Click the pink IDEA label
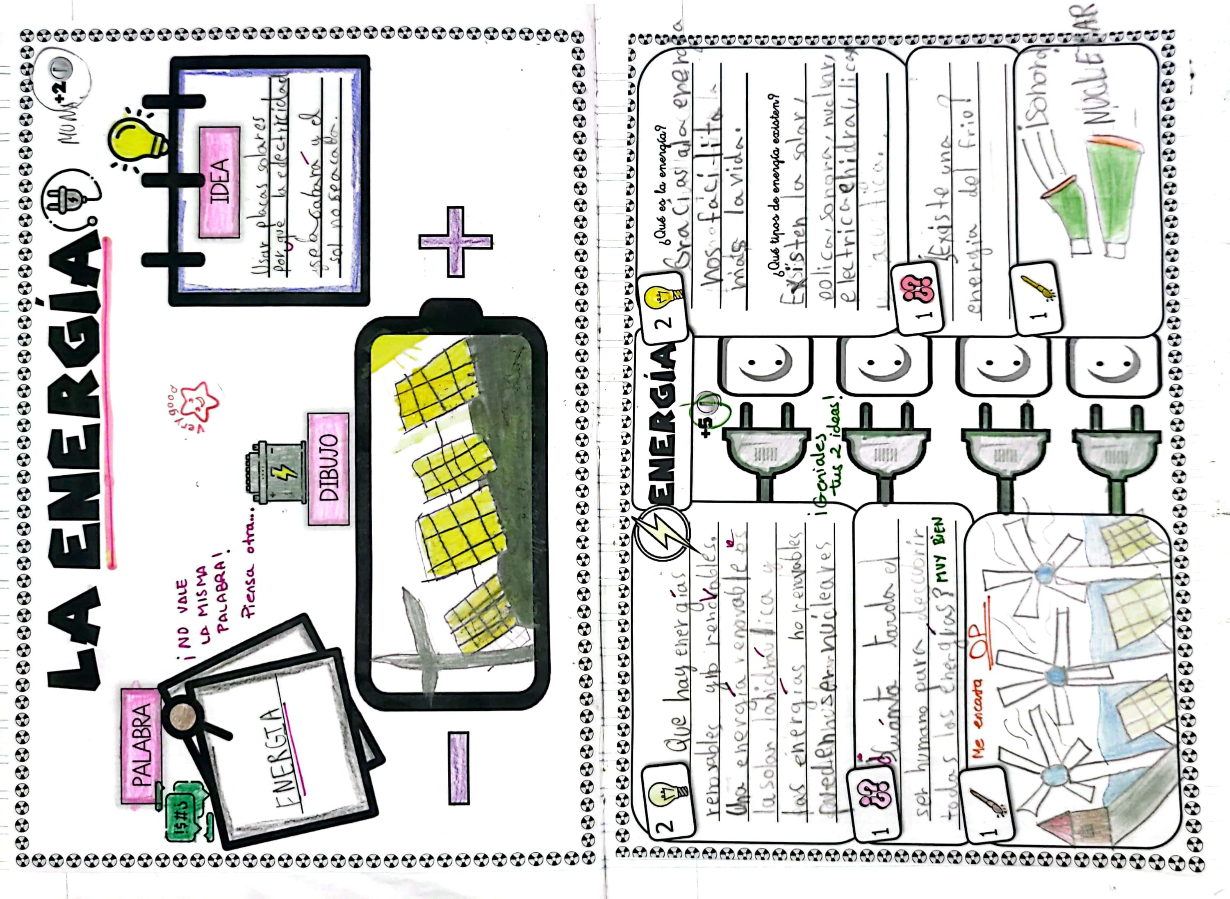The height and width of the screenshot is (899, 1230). pos(219,182)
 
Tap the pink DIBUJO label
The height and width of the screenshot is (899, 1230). pos(328,468)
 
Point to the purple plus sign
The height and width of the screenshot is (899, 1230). pos(456,241)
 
